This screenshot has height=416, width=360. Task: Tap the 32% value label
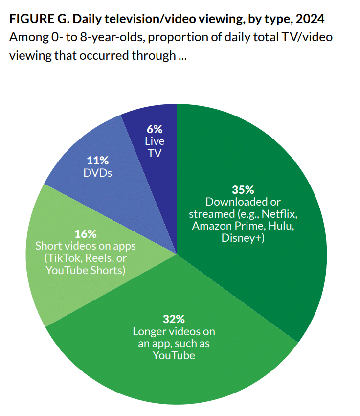coord(174,319)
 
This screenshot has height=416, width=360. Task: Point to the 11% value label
coord(98,161)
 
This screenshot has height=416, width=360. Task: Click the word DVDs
coord(98,172)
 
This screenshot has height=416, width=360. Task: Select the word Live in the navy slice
coord(155,141)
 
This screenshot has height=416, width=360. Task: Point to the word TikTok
coord(60,257)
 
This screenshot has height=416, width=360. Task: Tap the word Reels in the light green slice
coord(100,257)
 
